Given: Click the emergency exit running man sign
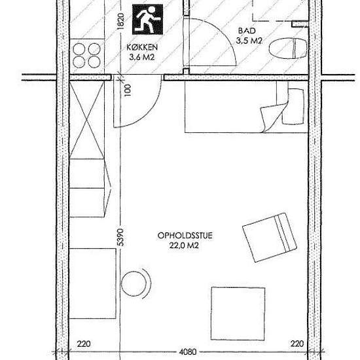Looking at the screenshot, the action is click(x=148, y=19).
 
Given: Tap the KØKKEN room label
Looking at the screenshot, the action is click(x=142, y=48).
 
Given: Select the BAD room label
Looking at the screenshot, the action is click(x=247, y=31).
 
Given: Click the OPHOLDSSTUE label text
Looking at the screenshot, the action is click(x=185, y=236).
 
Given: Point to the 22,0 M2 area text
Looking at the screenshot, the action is click(x=184, y=245).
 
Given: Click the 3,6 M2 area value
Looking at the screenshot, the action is click(x=141, y=57).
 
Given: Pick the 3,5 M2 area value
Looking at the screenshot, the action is click(x=249, y=41).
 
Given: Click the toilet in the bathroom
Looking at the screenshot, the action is click(x=288, y=48).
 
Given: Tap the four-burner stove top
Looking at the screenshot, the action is click(x=87, y=56).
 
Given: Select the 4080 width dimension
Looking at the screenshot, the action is click(x=188, y=351).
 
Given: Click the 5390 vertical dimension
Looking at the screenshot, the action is click(x=121, y=238).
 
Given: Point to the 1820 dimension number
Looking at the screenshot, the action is click(x=121, y=21).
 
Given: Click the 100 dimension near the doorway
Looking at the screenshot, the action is click(x=128, y=90).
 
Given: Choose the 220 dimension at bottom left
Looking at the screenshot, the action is click(x=84, y=344).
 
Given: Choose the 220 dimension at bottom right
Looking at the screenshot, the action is click(x=297, y=344).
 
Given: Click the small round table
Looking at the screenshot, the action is click(x=134, y=284).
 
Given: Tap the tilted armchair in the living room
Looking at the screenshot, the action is click(x=270, y=238).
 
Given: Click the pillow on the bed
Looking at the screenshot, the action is click(x=293, y=106).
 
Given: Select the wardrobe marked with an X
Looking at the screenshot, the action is click(x=87, y=120).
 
